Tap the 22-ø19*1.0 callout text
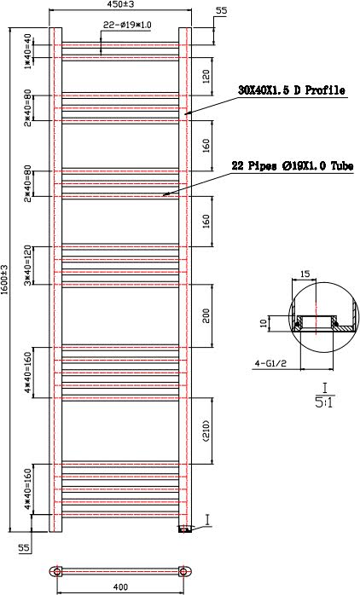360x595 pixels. [x=127, y=26]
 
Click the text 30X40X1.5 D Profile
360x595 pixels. [x=293, y=90]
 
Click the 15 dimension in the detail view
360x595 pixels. [x=305, y=274]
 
